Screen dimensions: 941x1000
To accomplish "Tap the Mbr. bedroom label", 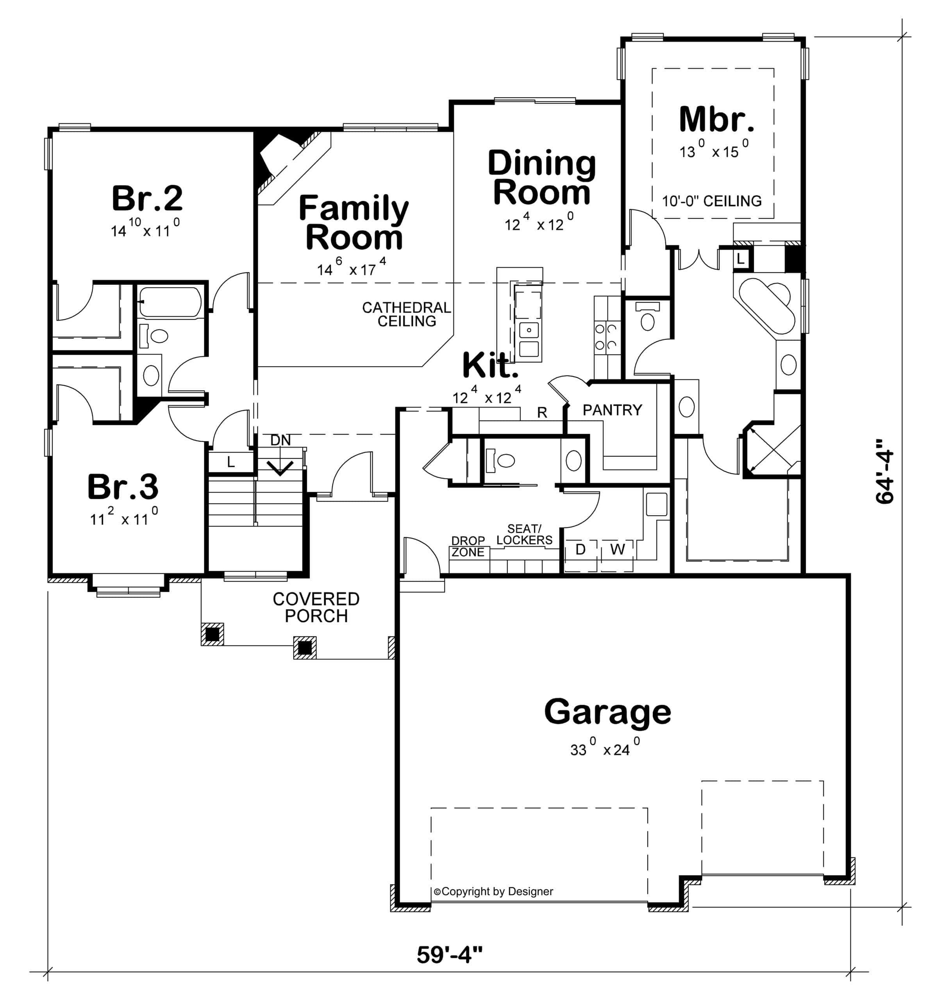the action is click(716, 119).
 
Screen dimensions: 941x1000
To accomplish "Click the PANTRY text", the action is click(612, 410).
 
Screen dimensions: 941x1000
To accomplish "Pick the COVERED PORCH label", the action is click(316, 607).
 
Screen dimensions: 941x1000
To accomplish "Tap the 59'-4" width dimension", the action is click(449, 954).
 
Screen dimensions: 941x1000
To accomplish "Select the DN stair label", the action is click(280, 440).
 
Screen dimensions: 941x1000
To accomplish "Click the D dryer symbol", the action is click(580, 549).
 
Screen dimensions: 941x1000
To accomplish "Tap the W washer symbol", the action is click(618, 549).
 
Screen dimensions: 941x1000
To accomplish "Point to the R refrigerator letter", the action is click(542, 412).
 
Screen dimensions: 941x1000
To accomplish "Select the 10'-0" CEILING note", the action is click(712, 201).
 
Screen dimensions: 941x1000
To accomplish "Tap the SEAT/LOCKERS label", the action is click(524, 534).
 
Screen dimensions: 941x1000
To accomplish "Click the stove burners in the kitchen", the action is click(607, 337).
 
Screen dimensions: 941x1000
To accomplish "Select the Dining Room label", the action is click(542, 178).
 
